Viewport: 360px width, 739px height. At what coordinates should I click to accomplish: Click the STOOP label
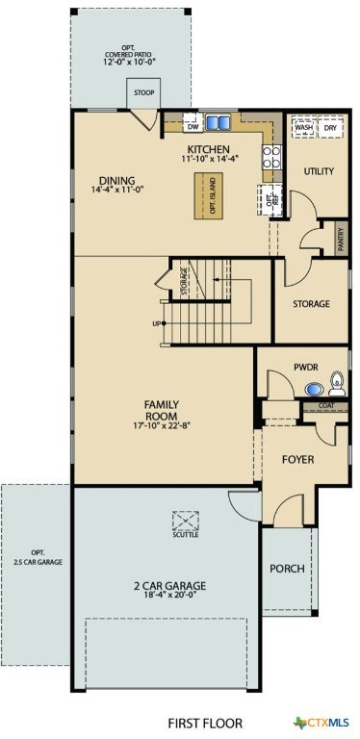(143, 92)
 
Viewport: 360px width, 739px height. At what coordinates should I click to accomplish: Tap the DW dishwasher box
(193, 123)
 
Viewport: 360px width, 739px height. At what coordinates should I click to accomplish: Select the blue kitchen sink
(218, 122)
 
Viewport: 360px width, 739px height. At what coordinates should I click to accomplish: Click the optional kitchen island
(208, 195)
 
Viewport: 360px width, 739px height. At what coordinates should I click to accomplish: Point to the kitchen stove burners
(271, 157)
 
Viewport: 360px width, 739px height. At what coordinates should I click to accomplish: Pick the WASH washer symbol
(304, 128)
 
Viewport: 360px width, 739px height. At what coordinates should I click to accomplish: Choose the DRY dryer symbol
(330, 128)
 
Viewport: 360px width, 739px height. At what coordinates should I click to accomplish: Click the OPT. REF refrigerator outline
(270, 201)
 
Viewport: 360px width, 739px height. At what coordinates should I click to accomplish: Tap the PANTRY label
(341, 239)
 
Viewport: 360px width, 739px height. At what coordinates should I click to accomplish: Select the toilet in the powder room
(337, 384)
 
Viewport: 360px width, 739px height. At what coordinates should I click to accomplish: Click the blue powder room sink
(314, 390)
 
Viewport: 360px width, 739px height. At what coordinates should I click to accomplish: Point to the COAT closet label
(325, 405)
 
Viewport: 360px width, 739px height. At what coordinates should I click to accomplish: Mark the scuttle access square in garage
(185, 521)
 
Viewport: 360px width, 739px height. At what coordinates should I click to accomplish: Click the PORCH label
(287, 569)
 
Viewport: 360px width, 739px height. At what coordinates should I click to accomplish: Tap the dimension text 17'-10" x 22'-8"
(161, 425)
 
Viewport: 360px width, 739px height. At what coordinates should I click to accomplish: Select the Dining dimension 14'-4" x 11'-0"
(117, 190)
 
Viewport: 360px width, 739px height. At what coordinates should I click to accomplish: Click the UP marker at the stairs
(159, 323)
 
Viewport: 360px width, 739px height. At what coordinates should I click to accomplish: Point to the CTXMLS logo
(321, 722)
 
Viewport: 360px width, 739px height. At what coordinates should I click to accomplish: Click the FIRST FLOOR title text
(205, 723)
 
